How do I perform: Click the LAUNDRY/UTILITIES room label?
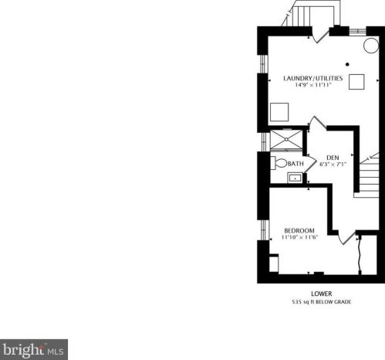click(x=313, y=77)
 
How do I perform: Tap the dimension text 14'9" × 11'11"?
click(x=313, y=85)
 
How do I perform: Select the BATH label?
click(x=296, y=164)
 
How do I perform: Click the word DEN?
click(x=333, y=156)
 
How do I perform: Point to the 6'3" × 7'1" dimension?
click(x=333, y=164)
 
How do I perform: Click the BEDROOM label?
click(x=299, y=231)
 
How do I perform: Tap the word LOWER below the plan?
click(x=321, y=294)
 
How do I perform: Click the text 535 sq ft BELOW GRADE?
click(x=321, y=301)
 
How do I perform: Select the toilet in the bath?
click(x=279, y=163)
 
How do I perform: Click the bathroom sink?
click(x=295, y=178)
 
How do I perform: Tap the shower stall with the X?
click(x=287, y=140)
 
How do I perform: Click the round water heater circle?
click(x=371, y=46)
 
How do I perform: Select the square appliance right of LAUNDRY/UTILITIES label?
click(x=357, y=82)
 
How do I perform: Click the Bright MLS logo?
click(x=34, y=349)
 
